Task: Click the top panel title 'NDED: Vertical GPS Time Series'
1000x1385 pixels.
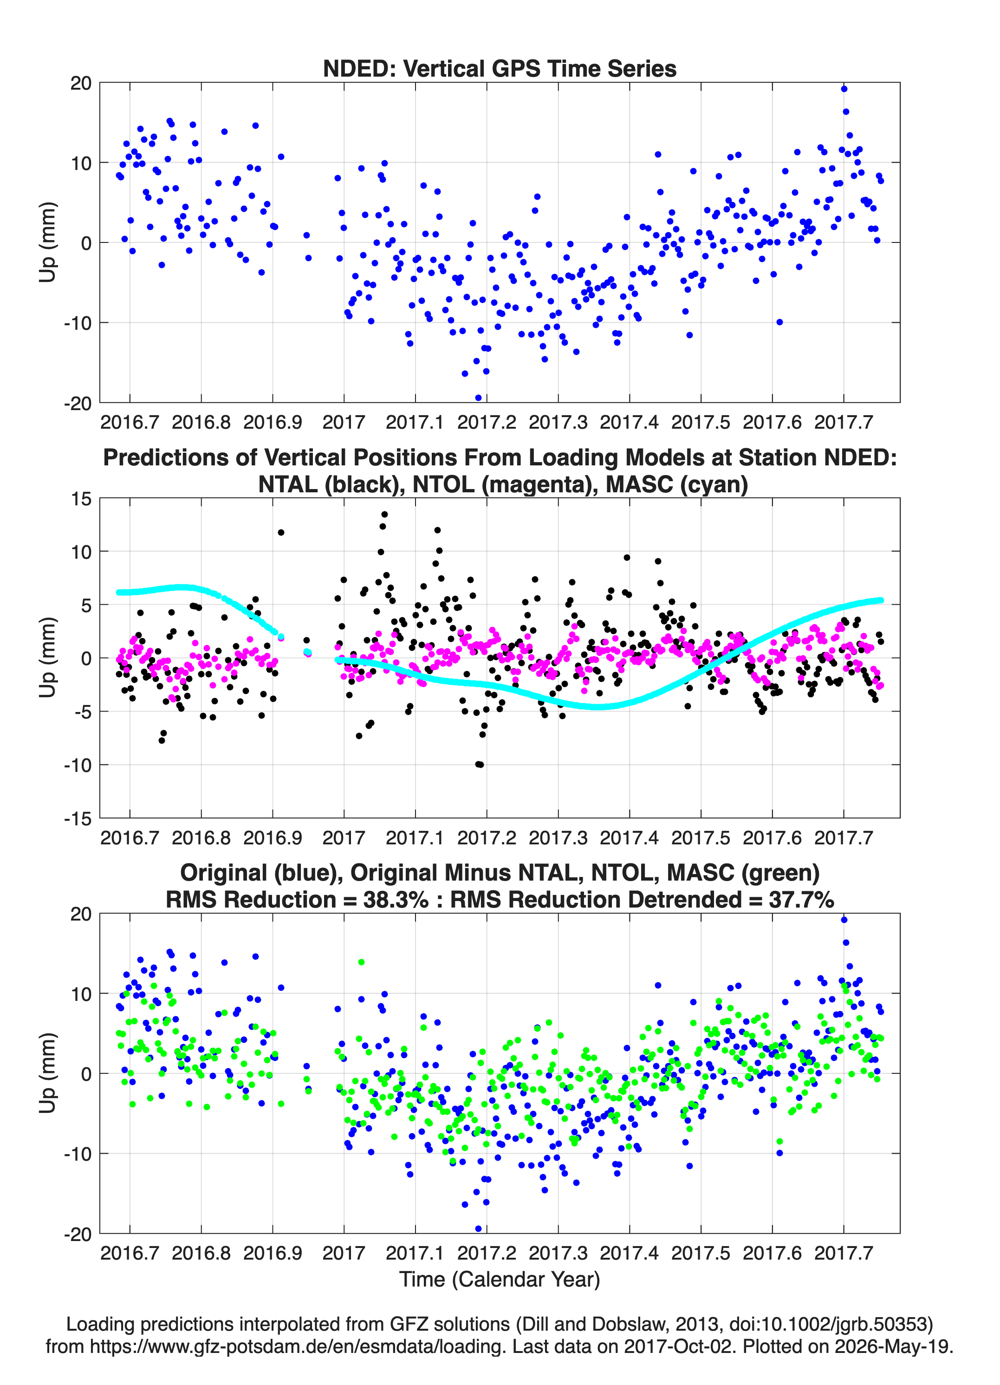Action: point(500,68)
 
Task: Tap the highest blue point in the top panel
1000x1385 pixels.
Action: point(844,89)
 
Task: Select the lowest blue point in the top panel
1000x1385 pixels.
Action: point(478,398)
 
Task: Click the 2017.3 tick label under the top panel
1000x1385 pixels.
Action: point(558,422)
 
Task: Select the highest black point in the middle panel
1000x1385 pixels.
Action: point(384,514)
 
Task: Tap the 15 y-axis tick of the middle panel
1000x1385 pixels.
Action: point(81,498)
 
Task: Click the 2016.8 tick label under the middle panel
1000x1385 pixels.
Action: point(201,837)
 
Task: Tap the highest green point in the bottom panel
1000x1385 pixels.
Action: point(361,962)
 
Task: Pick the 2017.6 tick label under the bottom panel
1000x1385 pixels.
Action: point(772,1253)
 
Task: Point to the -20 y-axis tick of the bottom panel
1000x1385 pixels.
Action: point(78,1234)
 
